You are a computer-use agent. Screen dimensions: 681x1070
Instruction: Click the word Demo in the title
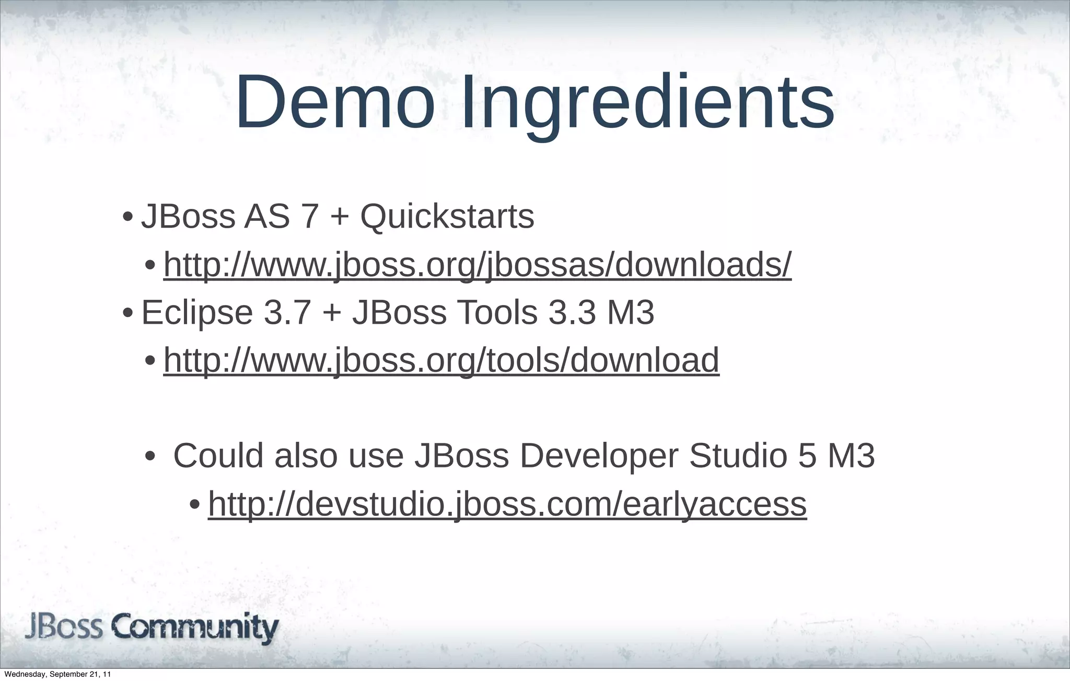point(335,102)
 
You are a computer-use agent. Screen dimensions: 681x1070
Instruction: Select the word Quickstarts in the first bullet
point(447,216)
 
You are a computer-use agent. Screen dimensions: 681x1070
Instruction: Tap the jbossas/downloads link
point(478,265)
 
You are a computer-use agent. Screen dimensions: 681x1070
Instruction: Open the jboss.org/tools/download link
point(441,360)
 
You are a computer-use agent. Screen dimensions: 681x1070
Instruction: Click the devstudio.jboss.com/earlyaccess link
point(507,504)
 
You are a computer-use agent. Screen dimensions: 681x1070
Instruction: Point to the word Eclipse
point(197,313)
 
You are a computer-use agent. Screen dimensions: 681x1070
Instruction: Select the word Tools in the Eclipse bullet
point(497,313)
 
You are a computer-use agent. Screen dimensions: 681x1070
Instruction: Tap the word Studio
point(738,455)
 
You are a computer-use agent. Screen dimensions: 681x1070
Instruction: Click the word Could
point(218,455)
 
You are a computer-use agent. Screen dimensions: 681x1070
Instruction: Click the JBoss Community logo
point(152,628)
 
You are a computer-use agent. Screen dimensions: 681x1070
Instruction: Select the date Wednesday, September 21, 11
point(57,675)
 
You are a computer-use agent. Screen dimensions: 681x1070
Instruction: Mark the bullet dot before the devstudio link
point(194,505)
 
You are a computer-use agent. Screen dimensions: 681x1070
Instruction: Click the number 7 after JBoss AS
point(310,216)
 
